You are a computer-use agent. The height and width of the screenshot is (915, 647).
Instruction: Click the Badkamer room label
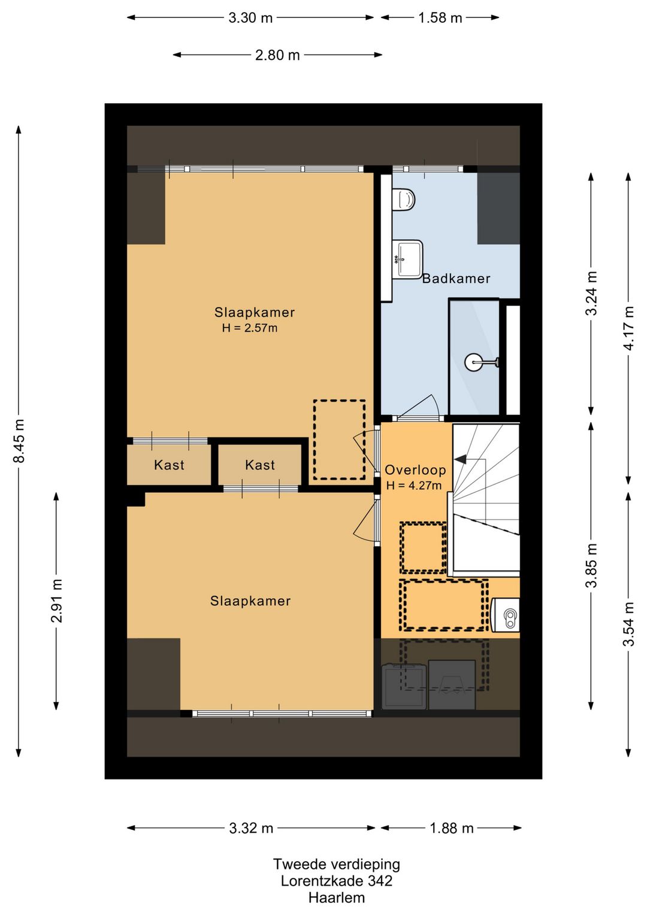pos(456,279)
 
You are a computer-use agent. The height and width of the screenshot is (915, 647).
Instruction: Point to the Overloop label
pos(415,469)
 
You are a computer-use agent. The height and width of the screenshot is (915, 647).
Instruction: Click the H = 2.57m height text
pos(250,327)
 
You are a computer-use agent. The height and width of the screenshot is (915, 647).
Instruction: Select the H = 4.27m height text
pos(414,485)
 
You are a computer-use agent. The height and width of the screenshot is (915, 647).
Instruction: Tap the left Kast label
pos(169,465)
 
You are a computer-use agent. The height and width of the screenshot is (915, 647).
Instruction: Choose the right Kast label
pos(260,465)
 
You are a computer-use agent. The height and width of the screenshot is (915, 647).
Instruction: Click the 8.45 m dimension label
pos(19,441)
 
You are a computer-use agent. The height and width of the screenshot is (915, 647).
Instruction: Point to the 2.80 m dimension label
pos(277,55)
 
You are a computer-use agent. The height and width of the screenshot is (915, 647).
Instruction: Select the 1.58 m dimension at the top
pos(440,18)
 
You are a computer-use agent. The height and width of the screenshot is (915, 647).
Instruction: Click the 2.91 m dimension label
pos(56,600)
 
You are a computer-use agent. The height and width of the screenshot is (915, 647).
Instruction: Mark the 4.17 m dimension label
pos(628,328)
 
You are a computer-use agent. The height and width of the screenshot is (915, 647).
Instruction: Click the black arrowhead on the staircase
pos(461,459)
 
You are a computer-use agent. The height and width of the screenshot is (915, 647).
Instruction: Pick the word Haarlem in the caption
pos(337,898)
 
